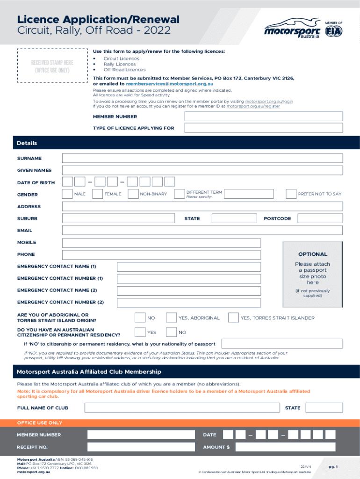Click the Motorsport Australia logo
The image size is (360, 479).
tap(292, 29)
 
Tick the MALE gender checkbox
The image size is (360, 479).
tap(68, 194)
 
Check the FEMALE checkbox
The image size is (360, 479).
tap(98, 194)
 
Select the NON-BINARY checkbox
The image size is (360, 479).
tap(133, 194)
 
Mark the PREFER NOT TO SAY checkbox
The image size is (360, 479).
tap(291, 194)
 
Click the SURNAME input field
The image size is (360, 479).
tap(202, 159)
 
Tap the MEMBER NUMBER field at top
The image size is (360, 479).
tap(264, 116)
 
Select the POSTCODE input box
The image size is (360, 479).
tap(320, 218)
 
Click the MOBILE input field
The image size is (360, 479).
tap(161, 243)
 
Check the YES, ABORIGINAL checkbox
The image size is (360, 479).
tap(171, 318)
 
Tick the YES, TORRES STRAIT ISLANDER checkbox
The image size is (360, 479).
tap(233, 318)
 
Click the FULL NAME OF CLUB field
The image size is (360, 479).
tap(182, 408)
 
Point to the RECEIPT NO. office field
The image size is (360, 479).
tap(141, 447)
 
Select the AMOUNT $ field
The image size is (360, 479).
tap(285, 447)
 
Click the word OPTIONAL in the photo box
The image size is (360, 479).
tap(312, 254)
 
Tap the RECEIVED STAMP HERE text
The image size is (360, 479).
tap(52, 63)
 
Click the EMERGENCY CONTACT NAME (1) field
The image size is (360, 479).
tap(189, 267)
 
